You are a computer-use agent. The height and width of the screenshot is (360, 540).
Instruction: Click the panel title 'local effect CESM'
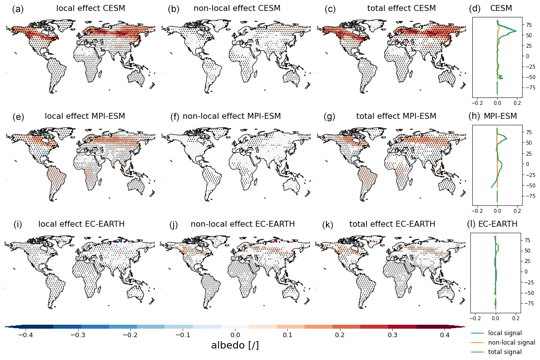(x=91, y=8)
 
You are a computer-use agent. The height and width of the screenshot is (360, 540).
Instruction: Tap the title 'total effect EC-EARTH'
(x=392, y=224)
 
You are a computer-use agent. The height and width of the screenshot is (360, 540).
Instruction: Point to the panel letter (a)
(x=17, y=9)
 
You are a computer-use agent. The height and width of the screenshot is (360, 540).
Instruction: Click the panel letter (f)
(x=175, y=117)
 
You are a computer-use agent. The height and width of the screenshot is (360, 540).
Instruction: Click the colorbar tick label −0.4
(x=25, y=335)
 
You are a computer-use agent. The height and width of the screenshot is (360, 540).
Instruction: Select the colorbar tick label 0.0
(x=235, y=335)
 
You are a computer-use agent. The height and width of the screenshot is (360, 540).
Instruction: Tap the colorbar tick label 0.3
(x=393, y=335)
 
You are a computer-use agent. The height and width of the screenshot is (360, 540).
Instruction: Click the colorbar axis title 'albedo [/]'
(x=235, y=345)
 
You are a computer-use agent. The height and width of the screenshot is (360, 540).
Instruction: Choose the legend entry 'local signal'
(x=505, y=333)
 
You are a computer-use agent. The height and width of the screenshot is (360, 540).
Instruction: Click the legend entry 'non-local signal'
(x=511, y=343)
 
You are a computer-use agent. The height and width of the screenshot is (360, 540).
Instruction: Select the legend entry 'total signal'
(x=505, y=352)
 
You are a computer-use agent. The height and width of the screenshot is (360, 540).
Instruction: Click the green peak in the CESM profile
(x=516, y=31)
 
